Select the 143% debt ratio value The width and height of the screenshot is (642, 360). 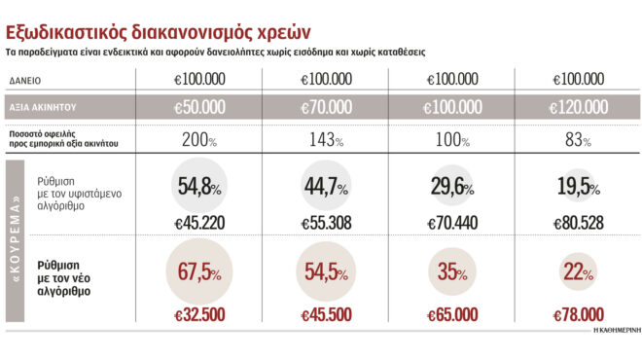click(x=325, y=139)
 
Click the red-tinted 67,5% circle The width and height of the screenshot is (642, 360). click(x=200, y=272)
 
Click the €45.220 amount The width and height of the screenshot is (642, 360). click(x=199, y=223)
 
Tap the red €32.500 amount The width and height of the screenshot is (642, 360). click(x=200, y=315)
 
